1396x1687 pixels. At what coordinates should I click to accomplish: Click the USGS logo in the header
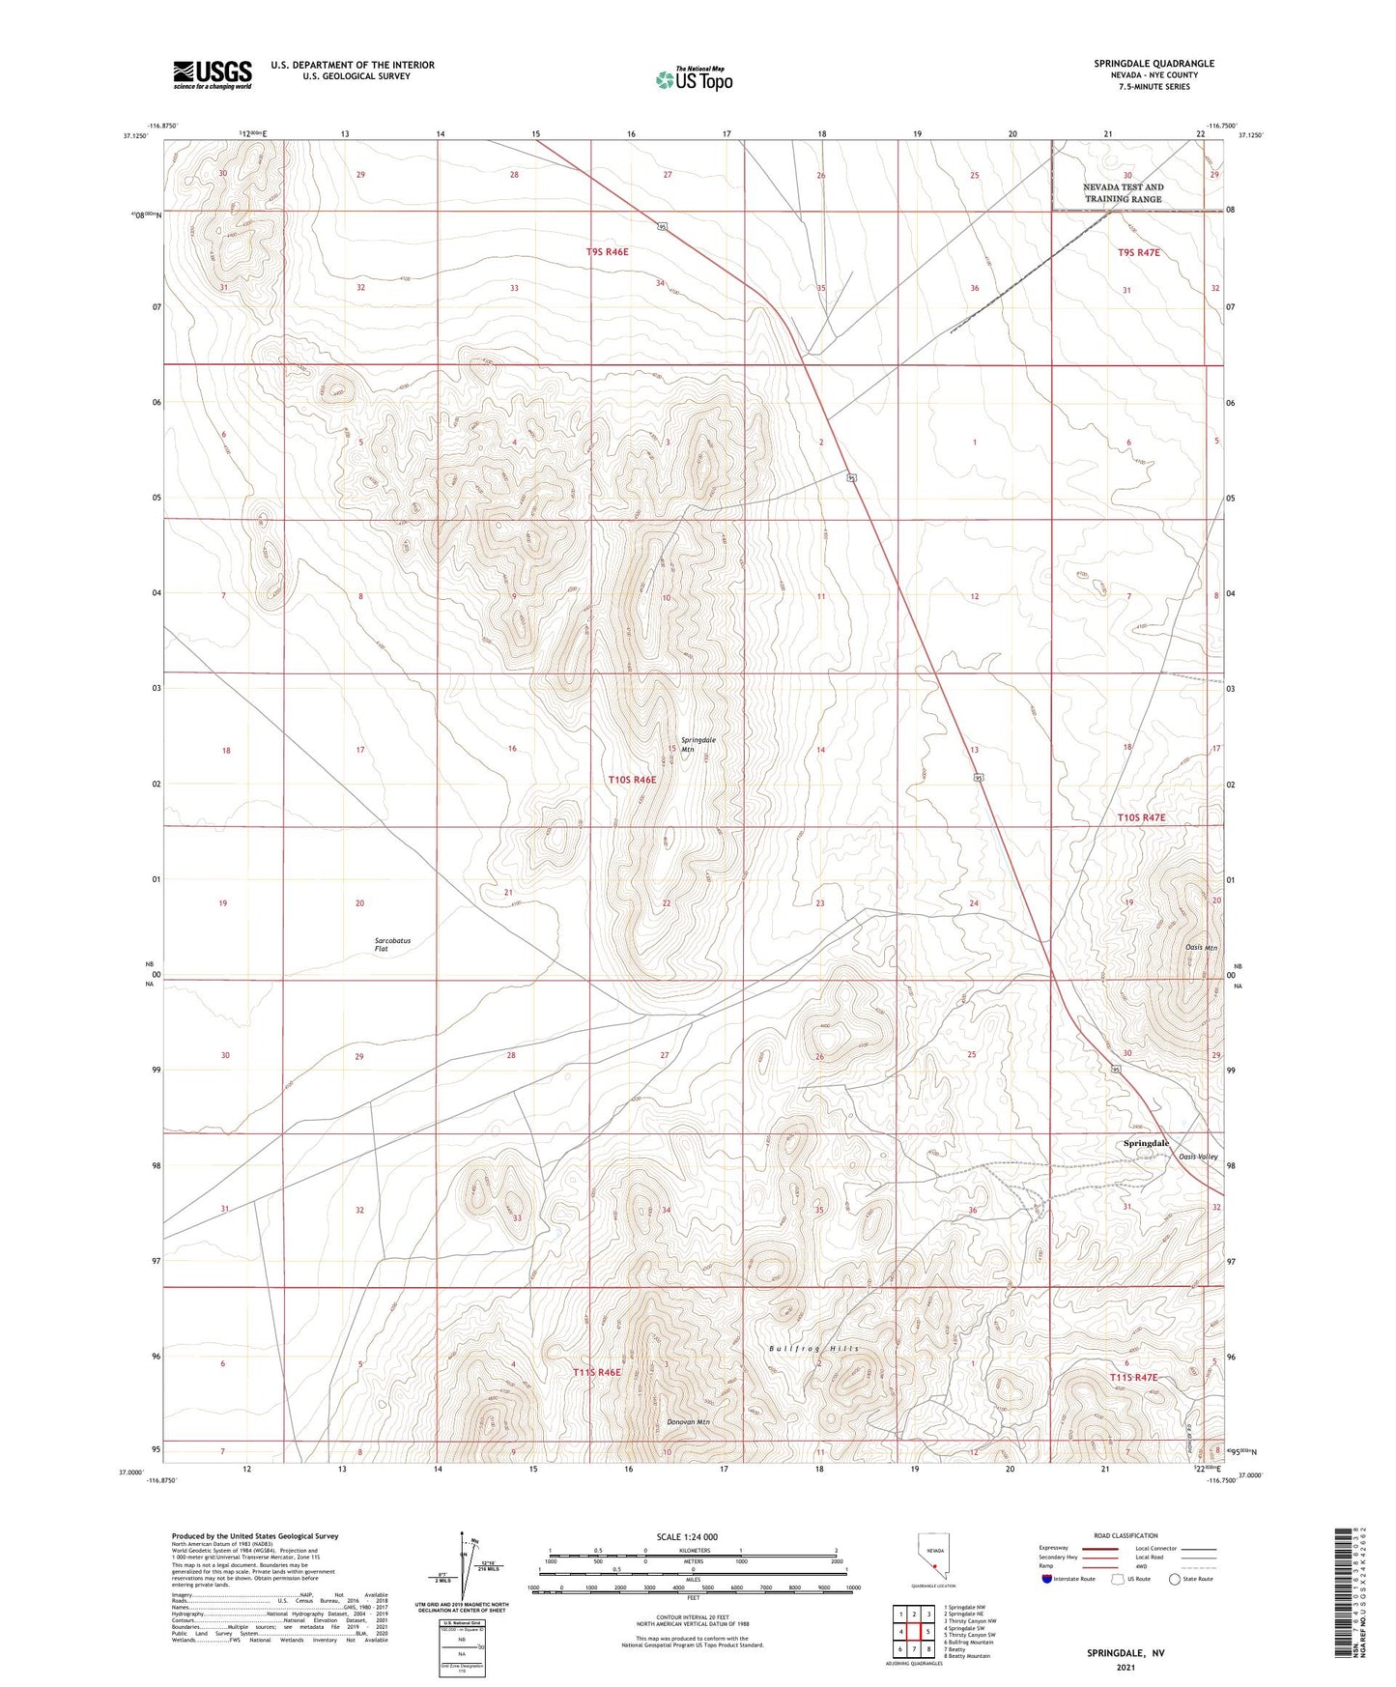point(213,74)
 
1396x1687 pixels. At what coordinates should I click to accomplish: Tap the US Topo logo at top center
point(694,79)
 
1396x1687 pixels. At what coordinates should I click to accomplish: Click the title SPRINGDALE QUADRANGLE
point(1154,64)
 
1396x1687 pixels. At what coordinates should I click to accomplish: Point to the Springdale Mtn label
point(698,744)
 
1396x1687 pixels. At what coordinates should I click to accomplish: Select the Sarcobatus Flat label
point(393,944)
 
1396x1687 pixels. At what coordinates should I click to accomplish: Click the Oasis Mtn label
point(1201,947)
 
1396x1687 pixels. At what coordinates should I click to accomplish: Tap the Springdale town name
point(1146,1143)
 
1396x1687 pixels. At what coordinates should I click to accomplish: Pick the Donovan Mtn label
point(688,1422)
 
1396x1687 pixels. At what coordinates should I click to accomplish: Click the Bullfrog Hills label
point(813,1349)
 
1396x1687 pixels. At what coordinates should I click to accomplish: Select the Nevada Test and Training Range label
point(1123,193)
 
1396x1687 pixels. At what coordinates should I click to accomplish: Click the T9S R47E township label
point(1138,252)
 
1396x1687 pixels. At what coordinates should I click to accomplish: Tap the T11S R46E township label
point(596,1372)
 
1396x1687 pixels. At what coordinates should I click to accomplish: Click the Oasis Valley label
point(1198,1157)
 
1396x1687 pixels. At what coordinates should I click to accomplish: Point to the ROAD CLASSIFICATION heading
point(1125,1535)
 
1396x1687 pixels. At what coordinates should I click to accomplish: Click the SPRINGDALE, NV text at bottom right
point(1125,1653)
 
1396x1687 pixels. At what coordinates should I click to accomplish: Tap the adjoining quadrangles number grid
point(913,1632)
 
